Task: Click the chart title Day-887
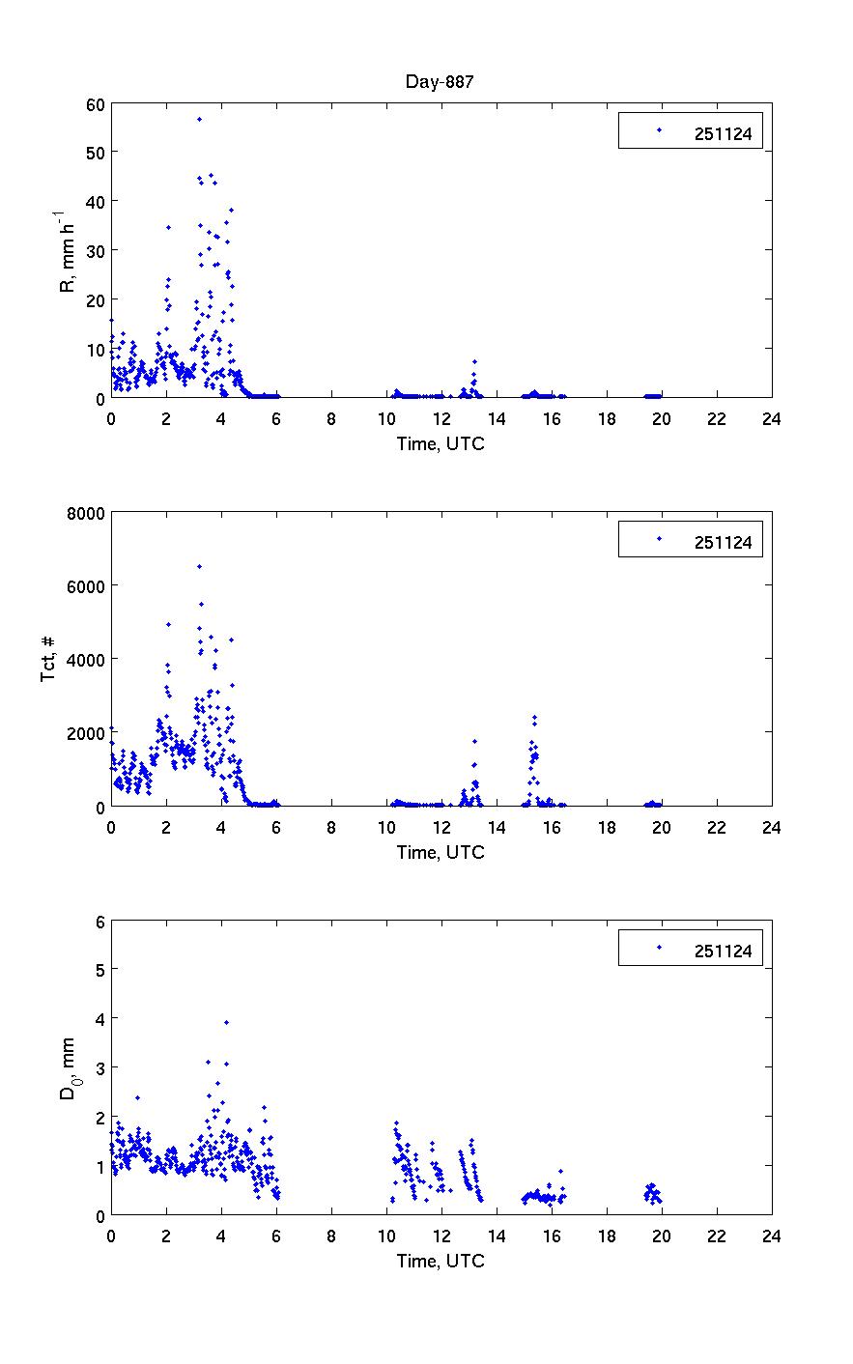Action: click(440, 81)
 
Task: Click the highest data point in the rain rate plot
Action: click(199, 119)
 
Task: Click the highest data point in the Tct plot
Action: click(199, 566)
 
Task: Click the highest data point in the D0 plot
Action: click(226, 1022)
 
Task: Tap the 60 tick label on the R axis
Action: click(95, 102)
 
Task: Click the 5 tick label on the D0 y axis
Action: click(100, 969)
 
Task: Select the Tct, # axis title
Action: click(49, 659)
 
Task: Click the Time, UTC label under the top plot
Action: click(441, 443)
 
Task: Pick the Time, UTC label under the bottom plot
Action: click(441, 1261)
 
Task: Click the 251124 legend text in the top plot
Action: click(723, 133)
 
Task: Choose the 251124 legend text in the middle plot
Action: click(723, 542)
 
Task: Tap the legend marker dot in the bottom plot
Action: click(659, 948)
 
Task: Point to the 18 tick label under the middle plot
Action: click(606, 827)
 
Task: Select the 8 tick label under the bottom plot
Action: click(331, 1236)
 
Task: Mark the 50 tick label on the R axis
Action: click(95, 152)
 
